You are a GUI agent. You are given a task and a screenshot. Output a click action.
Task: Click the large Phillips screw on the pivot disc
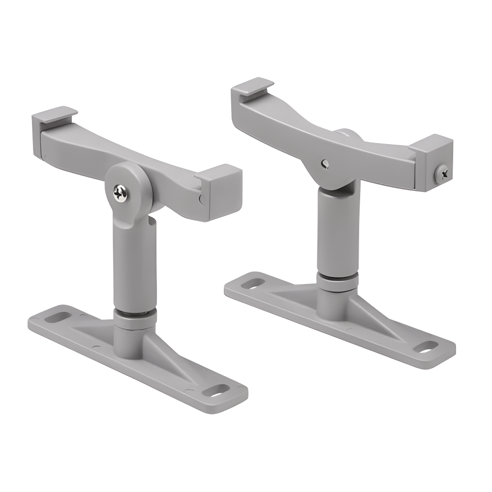coord(121,192)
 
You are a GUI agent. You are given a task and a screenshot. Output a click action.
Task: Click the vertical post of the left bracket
coord(134,266)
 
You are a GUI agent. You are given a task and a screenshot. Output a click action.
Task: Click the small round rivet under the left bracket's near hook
coord(201,199)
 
